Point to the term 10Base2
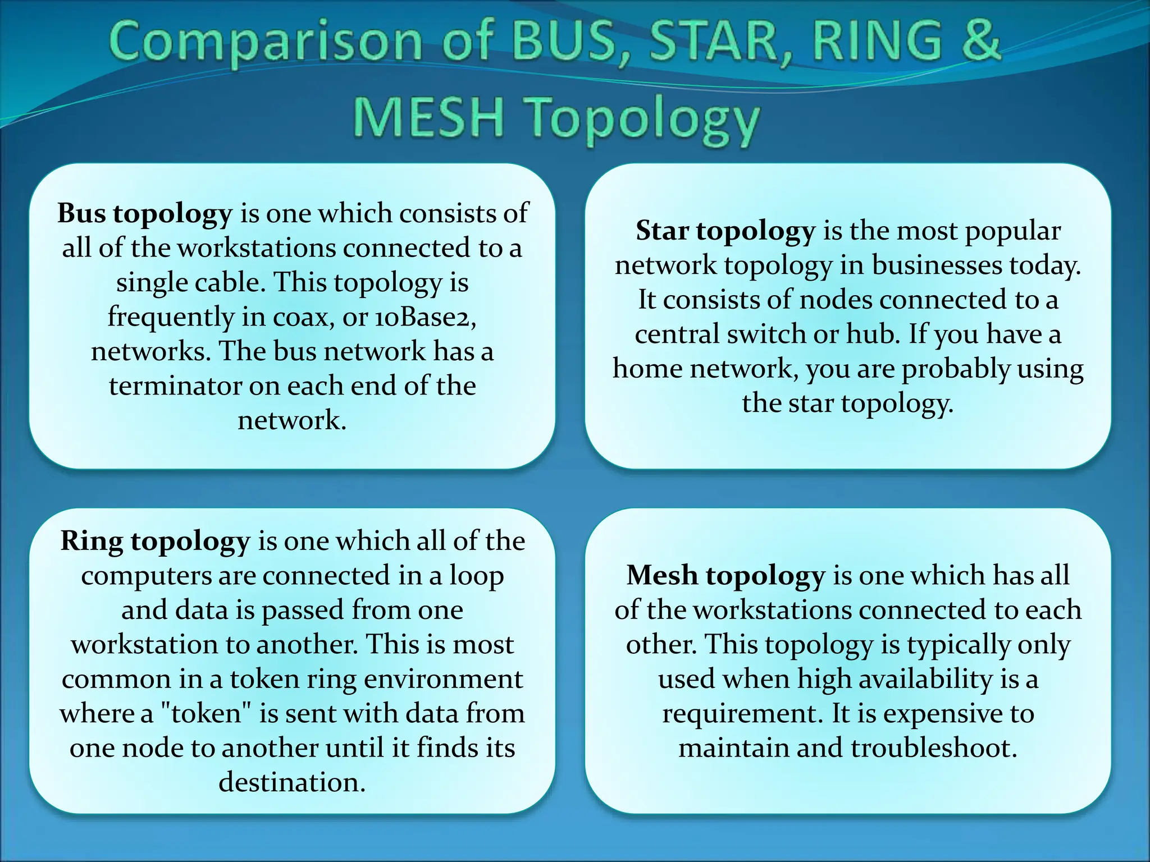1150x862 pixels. tap(425, 317)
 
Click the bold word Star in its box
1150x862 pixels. tap(663, 231)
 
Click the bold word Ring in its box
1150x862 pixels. tap(92, 542)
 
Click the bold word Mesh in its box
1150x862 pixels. tap(662, 576)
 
